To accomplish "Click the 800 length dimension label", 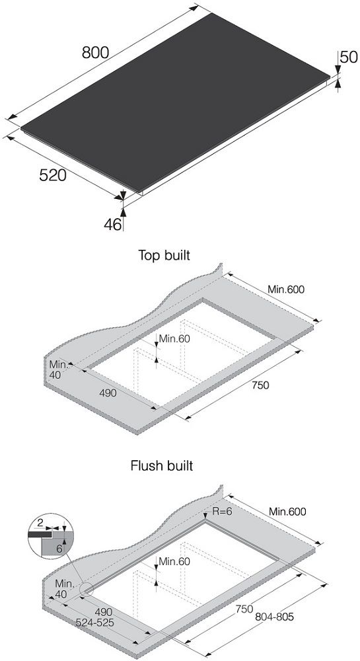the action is tap(96, 53).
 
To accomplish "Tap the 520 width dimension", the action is tap(53, 175).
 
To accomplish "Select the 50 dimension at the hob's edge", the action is tap(349, 57).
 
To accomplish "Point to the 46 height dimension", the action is tap(112, 224).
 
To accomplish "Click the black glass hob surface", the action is tap(175, 101).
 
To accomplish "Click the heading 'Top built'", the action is tap(164, 255).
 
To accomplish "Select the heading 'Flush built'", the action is tap(162, 466).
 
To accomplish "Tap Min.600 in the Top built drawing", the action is tap(286, 290).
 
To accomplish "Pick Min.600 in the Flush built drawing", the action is tap(287, 512).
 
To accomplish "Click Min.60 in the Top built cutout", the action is tap(175, 338).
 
